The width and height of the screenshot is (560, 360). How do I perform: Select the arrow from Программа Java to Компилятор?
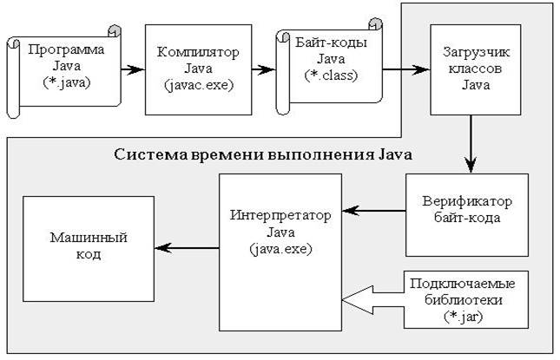tap(131, 67)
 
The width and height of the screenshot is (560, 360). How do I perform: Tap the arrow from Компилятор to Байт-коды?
tap(253, 67)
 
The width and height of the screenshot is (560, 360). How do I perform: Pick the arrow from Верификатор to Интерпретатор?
tap(373, 208)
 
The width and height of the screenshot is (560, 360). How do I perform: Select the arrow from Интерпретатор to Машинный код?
tap(188, 248)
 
